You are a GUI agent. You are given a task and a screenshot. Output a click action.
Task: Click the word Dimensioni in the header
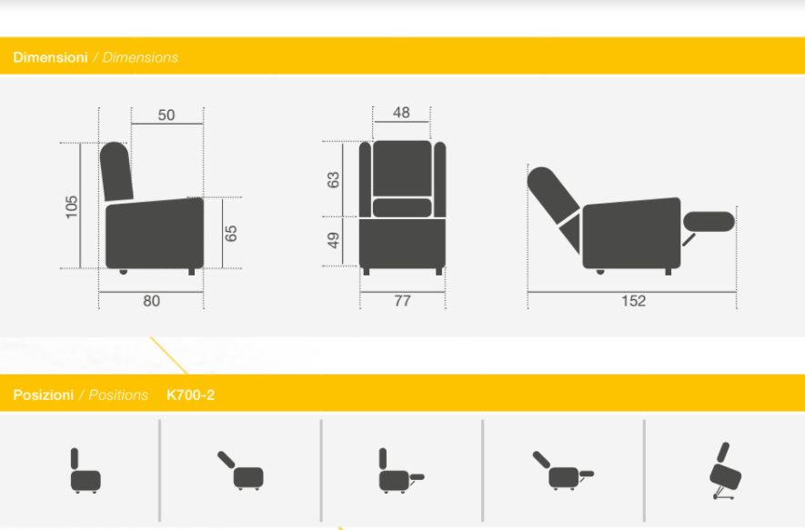point(50,57)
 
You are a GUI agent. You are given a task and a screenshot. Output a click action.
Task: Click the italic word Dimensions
point(140,57)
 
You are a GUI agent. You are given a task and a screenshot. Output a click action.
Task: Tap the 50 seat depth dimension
point(166,115)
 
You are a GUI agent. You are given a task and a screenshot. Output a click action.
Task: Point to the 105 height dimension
point(72,206)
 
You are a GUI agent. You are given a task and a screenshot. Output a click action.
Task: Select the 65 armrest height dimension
point(231,234)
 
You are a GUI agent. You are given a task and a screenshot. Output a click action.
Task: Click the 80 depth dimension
point(152,301)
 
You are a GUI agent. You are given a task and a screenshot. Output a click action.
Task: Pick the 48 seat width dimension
point(401,113)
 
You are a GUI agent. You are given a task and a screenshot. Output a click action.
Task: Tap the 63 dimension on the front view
point(333,180)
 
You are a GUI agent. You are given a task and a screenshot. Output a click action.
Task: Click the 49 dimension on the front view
point(333,240)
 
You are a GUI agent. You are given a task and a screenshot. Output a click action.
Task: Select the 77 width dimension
point(402,301)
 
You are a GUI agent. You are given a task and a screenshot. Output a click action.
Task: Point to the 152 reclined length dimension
point(633,301)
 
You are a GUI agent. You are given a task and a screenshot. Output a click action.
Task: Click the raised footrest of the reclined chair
point(709,222)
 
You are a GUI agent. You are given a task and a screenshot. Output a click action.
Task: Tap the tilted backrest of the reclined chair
point(554,195)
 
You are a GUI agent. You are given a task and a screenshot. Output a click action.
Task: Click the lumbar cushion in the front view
point(402,208)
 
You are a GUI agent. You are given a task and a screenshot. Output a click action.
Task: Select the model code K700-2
point(190,395)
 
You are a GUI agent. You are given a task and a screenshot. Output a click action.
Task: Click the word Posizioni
point(43,395)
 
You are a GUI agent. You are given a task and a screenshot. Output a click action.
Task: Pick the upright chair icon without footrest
point(86,471)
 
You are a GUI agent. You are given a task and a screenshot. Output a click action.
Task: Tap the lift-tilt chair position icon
point(725,471)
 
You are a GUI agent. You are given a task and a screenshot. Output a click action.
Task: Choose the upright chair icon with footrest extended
point(401,471)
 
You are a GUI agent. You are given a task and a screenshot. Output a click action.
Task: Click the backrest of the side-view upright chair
point(116,172)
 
